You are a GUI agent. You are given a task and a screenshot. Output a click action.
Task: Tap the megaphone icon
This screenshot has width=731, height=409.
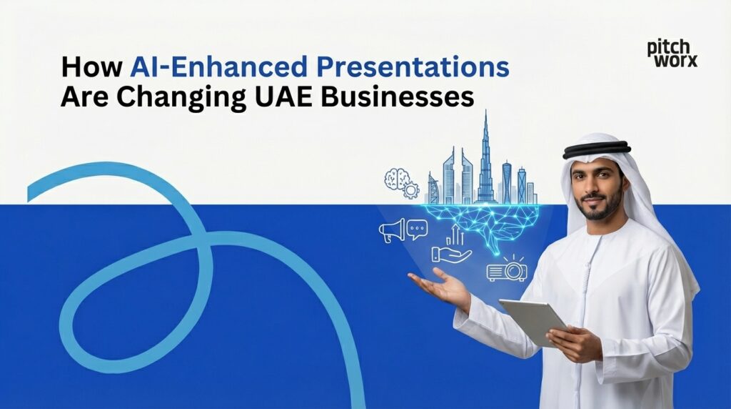click(x=392, y=230)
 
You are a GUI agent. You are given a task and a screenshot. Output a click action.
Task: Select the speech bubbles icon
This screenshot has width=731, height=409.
click(x=416, y=230)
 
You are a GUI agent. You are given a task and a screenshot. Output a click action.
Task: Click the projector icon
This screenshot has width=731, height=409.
click(x=507, y=269)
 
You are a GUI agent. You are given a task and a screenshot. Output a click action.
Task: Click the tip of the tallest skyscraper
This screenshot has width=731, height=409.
click(x=486, y=113)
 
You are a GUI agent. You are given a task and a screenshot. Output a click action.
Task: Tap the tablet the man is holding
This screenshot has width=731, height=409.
click(x=532, y=320)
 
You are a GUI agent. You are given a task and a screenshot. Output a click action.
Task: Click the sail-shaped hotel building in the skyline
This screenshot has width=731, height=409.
click(x=433, y=189)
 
